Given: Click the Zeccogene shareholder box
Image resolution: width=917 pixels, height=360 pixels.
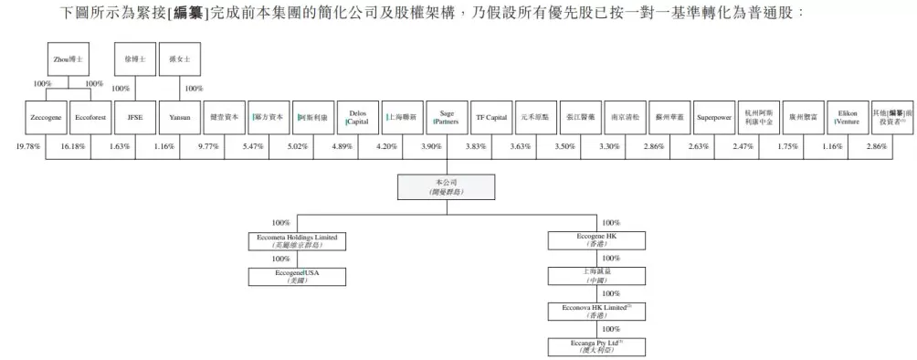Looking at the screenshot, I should pyautogui.click(x=46, y=117).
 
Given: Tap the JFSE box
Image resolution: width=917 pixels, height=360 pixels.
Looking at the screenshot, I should pyautogui.click(x=135, y=117).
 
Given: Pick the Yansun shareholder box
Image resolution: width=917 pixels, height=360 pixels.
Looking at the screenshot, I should pyautogui.click(x=179, y=117).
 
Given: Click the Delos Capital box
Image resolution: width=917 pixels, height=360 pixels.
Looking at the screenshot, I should pyautogui.click(x=357, y=117).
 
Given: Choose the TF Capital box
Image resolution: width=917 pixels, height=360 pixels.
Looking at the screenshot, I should pyautogui.click(x=491, y=117).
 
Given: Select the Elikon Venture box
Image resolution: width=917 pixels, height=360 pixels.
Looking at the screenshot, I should pyautogui.click(x=848, y=117).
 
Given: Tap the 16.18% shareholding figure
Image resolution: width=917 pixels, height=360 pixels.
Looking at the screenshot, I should pyautogui.click(x=73, y=147).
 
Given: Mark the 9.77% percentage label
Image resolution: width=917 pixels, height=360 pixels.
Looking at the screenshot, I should pyautogui.click(x=209, y=147).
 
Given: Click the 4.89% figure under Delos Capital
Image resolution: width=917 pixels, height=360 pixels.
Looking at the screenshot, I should pyautogui.click(x=342, y=147).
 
